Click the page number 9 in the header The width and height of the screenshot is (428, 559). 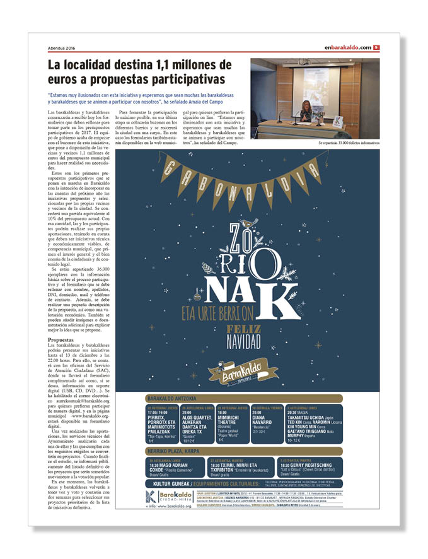click(x=376, y=48)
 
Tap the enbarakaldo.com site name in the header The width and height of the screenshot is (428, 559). click(x=348, y=48)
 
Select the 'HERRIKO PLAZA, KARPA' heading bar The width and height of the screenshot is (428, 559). click(x=175, y=450)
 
